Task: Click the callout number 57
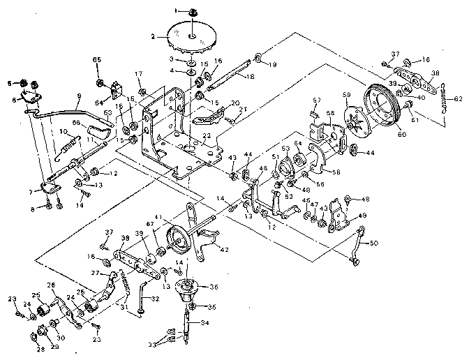coord(316,100)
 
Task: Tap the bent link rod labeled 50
coord(359,248)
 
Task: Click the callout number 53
coord(285,149)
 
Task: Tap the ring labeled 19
coord(258,57)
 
